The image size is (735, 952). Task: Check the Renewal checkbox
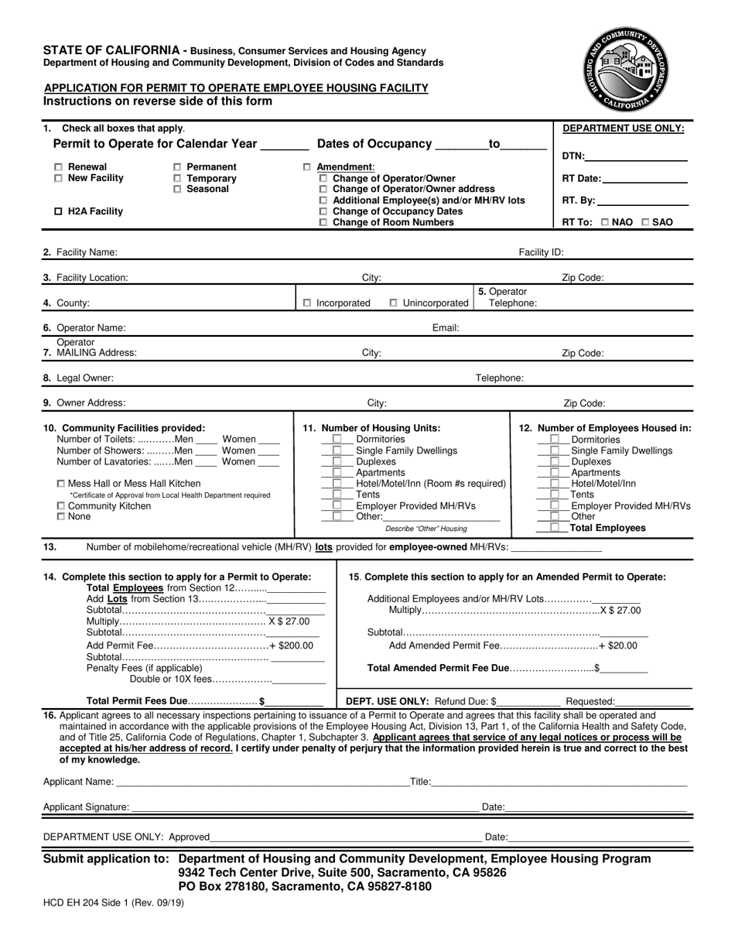point(60,167)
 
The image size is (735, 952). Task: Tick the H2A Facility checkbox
point(60,212)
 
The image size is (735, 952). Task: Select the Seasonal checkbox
point(177,190)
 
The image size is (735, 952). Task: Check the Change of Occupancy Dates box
point(323,212)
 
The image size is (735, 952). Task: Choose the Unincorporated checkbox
point(394,303)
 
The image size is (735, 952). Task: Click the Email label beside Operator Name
point(446,328)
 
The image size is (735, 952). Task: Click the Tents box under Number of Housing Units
point(337,495)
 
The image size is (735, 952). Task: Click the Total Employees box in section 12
point(555,528)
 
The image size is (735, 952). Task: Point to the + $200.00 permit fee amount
point(291,646)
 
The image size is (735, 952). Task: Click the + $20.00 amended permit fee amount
point(618,646)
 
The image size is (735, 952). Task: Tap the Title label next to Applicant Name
point(420,782)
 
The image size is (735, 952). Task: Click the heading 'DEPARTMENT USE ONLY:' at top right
point(623,129)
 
